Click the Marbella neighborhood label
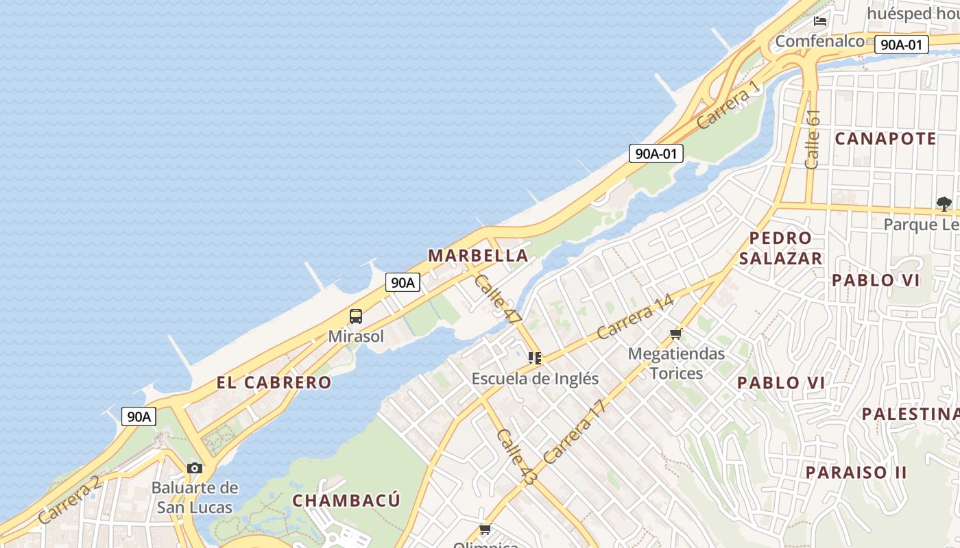coord(478,256)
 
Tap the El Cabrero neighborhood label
coord(274,382)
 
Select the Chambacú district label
coord(346,500)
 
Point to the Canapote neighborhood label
coord(885,138)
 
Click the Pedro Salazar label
coord(780,248)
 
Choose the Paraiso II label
coord(856,472)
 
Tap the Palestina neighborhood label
coord(910,414)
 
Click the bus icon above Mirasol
coord(356,316)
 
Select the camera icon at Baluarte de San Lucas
coord(195,468)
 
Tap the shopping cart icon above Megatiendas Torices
coord(676,334)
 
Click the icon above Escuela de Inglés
coord(535,358)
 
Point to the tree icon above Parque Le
coord(944,203)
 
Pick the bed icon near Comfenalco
coord(819,21)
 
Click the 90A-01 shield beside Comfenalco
coord(901,45)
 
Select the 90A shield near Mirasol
coord(403,282)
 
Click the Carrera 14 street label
coord(635,316)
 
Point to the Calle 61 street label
coord(813,139)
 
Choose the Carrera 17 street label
coord(575,432)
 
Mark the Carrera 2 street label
coord(69,499)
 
